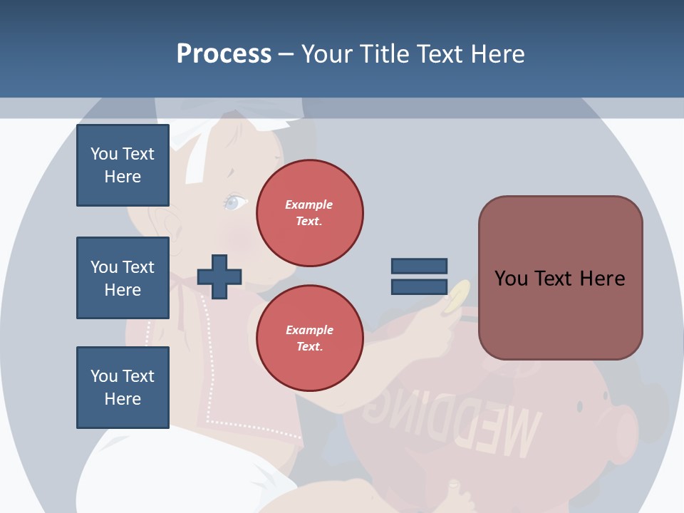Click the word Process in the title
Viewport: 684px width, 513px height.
pos(224,54)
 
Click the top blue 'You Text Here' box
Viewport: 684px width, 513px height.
pos(123,165)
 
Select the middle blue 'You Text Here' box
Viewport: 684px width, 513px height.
pos(123,278)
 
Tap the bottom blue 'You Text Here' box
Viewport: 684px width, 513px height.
pos(123,388)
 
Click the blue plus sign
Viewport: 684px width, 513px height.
pos(219,276)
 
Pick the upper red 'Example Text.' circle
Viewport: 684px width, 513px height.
pos(309,213)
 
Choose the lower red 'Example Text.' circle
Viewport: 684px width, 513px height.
pos(309,338)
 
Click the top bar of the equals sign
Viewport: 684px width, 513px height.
pos(419,266)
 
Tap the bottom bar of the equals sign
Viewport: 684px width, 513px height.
pos(419,287)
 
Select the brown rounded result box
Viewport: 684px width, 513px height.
pos(560,278)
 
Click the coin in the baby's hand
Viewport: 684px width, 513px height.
pos(456,296)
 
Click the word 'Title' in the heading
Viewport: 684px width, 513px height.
pos(385,54)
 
